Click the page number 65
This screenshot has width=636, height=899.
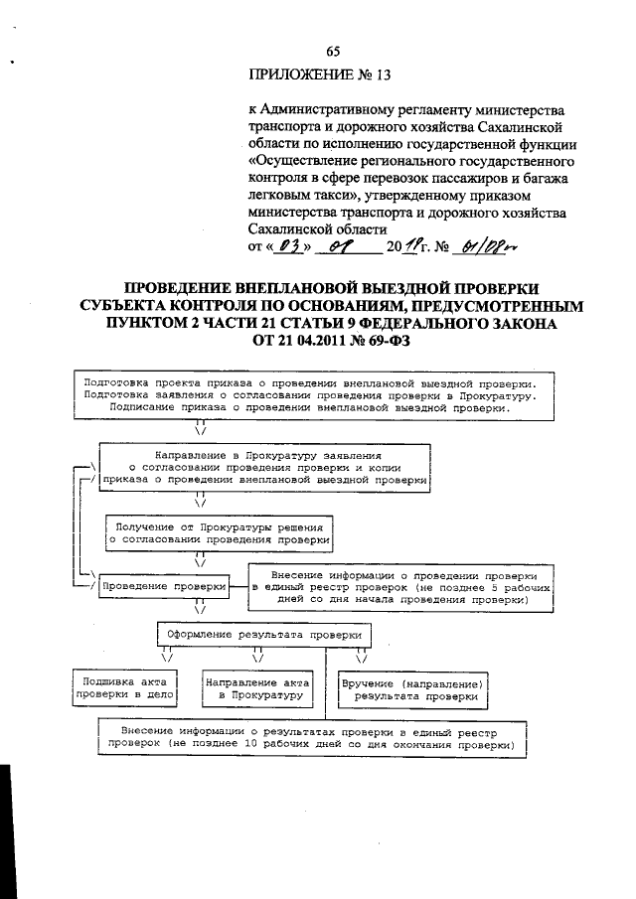click(x=333, y=53)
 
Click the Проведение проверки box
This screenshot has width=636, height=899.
click(x=164, y=587)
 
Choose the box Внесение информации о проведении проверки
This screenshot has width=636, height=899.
click(x=402, y=588)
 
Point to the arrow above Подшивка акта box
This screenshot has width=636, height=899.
click(x=166, y=655)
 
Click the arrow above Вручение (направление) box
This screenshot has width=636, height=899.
click(x=362, y=655)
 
